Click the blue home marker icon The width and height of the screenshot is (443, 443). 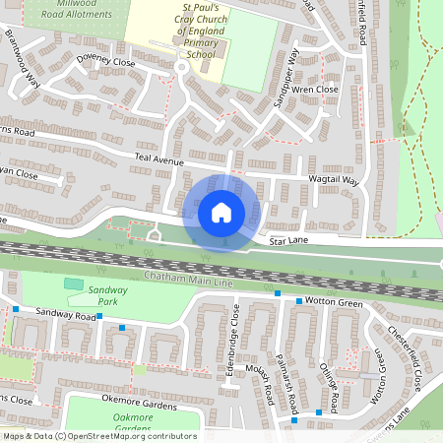coord(221,211)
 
